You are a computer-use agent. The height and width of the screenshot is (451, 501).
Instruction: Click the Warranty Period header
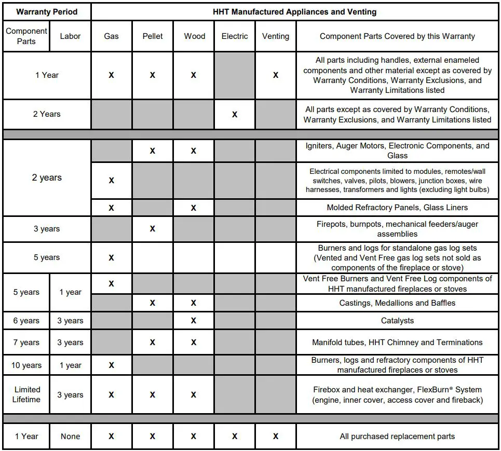47,11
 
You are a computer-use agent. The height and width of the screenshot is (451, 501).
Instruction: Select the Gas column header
111,36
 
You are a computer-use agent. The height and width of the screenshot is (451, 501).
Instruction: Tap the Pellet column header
152,36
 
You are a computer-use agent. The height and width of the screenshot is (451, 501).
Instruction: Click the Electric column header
235,36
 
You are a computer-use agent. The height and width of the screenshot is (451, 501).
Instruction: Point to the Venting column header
275,36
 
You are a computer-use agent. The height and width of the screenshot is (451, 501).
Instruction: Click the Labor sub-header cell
70,36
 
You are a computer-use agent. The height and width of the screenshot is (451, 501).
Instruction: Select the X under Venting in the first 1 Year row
275,75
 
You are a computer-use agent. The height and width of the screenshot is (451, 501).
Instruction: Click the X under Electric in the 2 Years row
235,114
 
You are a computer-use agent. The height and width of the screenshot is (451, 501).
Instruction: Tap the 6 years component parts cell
26,321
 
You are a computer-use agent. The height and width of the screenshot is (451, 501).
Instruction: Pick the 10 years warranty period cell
26,365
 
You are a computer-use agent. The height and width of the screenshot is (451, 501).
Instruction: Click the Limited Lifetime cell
27,394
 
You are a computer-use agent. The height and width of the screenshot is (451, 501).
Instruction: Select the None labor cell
70,436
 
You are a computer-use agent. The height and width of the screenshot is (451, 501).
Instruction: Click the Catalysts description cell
397,321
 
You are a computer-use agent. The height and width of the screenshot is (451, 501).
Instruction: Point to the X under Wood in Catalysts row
193,321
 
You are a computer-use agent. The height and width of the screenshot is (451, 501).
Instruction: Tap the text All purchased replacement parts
397,436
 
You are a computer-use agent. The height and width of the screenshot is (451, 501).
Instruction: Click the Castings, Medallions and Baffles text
397,303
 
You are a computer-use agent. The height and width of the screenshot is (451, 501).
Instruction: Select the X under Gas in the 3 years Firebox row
111,395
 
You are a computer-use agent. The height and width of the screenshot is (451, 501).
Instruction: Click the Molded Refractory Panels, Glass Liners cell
397,208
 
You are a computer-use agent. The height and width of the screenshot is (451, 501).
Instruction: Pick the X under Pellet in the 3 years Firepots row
152,229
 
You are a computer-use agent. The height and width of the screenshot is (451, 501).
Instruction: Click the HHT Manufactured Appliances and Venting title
294,11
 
